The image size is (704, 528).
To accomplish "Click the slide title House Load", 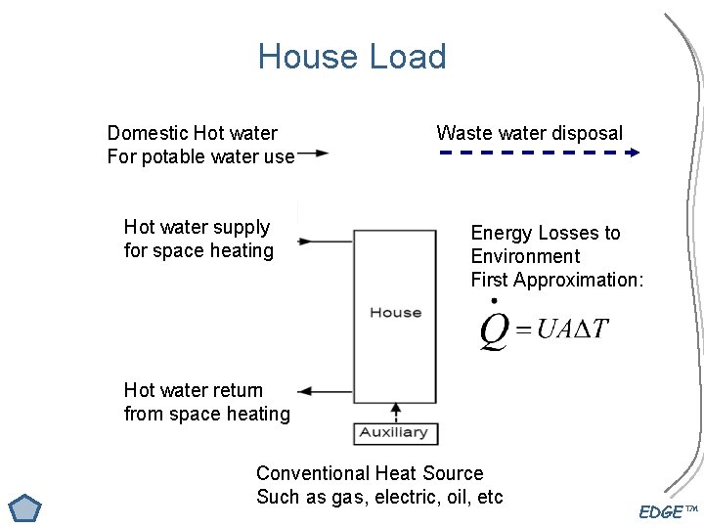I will pyautogui.click(x=352, y=57).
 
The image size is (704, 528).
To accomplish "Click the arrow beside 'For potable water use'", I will pyautogui.click(x=313, y=154).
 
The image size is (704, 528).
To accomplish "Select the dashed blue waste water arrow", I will pyautogui.click(x=537, y=153).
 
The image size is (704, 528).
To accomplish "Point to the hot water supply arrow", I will pyautogui.click(x=326, y=241).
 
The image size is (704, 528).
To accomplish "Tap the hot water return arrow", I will pyautogui.click(x=326, y=391).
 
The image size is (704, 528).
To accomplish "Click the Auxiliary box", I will pyautogui.click(x=395, y=432).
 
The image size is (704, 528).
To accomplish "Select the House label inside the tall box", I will pyautogui.click(x=395, y=313).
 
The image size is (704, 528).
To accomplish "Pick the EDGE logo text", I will pyautogui.click(x=662, y=512).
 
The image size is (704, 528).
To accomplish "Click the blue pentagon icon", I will pyautogui.click(x=24, y=509).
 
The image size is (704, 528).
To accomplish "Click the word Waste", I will pyautogui.click(x=462, y=133).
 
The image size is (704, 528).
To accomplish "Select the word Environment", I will pyautogui.click(x=525, y=256).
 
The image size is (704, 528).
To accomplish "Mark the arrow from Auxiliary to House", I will pyautogui.click(x=396, y=411).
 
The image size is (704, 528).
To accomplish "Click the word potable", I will pyautogui.click(x=178, y=156).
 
